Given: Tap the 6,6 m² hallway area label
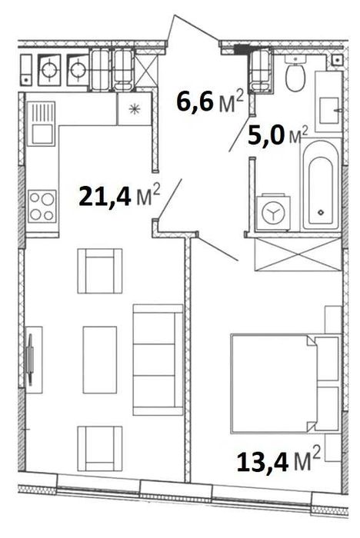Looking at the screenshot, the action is (210, 101).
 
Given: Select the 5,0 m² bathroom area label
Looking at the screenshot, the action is (278, 135).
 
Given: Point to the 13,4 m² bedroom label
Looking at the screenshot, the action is (278, 460).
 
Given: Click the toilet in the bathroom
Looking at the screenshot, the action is (295, 73).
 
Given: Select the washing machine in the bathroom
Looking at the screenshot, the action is (273, 212).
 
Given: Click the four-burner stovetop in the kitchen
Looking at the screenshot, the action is (42, 206).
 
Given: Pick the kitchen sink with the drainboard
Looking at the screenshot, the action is (42, 124).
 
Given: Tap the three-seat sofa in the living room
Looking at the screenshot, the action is (158, 360).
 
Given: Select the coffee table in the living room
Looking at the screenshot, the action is (100, 360).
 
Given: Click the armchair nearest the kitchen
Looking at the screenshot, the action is (100, 271).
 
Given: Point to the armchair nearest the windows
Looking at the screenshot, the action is (100, 448).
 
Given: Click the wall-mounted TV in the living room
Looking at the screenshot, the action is (30, 359).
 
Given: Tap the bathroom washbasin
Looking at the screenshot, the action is (328, 111).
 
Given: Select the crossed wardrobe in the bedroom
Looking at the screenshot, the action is (298, 254).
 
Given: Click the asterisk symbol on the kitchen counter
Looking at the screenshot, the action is (135, 109).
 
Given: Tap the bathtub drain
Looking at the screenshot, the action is (321, 212).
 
